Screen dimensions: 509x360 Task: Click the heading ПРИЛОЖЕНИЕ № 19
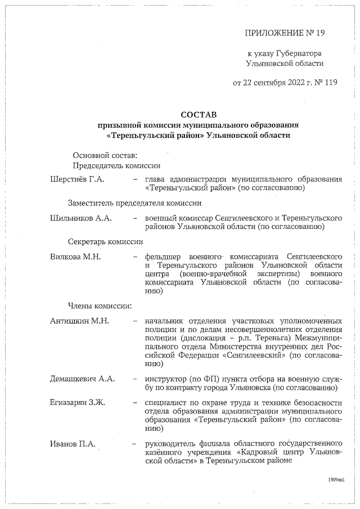285,33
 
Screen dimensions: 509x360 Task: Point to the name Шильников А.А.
81,218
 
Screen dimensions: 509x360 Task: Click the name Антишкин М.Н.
79,321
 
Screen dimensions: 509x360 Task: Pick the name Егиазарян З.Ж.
78,403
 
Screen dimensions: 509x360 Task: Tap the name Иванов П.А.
73,444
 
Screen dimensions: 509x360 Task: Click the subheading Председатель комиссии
117,165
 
